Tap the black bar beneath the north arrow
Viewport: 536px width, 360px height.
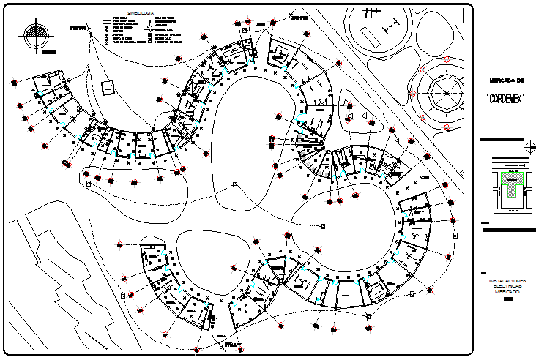point(48,53)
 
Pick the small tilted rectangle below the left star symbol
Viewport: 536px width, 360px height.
point(108,87)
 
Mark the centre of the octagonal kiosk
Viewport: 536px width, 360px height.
point(443,92)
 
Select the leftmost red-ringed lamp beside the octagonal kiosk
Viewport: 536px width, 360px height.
point(413,94)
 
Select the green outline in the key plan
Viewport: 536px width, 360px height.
point(510,183)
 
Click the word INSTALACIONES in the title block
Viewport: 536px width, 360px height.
point(507,280)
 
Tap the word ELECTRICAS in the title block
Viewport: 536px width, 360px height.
point(507,286)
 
